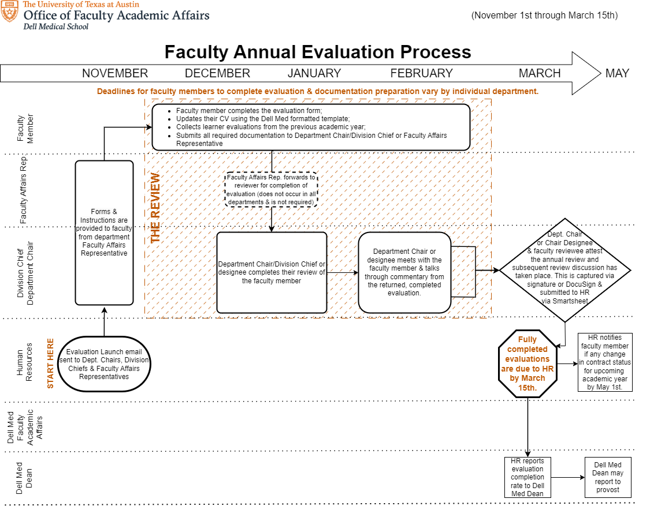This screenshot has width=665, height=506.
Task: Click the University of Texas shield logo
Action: pyautogui.click(x=10, y=12)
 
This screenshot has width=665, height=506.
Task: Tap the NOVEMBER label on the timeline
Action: pyautogui.click(x=115, y=73)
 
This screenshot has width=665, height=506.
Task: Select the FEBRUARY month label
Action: pyautogui.click(x=421, y=73)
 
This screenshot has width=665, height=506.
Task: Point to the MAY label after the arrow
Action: pyautogui.click(x=617, y=73)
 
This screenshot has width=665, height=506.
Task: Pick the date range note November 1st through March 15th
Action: pyautogui.click(x=544, y=15)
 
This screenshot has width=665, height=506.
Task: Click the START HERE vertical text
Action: pyautogui.click(x=50, y=363)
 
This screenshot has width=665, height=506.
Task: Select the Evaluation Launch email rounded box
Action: pyautogui.click(x=104, y=364)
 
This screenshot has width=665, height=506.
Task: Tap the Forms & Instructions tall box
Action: pyautogui.click(x=104, y=232)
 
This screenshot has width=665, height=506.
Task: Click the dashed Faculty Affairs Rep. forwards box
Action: pyautogui.click(x=271, y=189)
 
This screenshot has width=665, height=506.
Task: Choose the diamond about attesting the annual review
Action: pyautogui.click(x=565, y=269)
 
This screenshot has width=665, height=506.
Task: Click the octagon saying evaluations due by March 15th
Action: pyautogui.click(x=527, y=363)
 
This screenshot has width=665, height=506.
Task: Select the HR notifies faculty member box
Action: pyautogui.click(x=605, y=362)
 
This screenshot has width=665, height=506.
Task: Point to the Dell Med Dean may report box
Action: pyautogui.click(x=608, y=477)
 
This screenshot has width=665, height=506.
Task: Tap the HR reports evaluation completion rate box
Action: pyautogui.click(x=527, y=477)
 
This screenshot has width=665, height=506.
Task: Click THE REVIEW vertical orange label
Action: pyautogui.click(x=155, y=208)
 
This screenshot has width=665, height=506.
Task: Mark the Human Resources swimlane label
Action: pyautogui.click(x=24, y=363)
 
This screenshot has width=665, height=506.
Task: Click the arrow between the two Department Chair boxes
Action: pyautogui.click(x=343, y=272)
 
